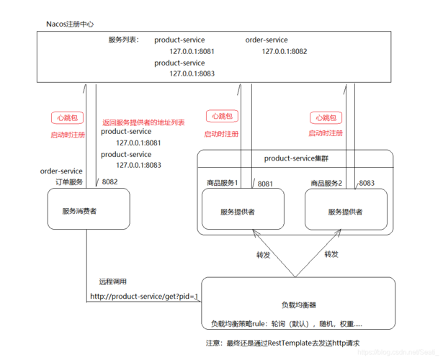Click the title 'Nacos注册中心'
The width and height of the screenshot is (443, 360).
click(x=71, y=24)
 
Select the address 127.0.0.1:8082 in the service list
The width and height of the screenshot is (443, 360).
click(x=284, y=51)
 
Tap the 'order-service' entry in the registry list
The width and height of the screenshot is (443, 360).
click(x=266, y=40)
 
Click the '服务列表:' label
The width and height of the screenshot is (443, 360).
click(x=123, y=40)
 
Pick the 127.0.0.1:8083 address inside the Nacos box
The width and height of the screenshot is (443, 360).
click(x=192, y=73)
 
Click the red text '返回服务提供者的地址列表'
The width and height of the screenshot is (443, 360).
click(x=143, y=122)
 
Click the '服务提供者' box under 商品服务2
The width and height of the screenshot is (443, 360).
click(x=345, y=211)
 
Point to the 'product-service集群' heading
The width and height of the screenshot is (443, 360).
click(x=295, y=158)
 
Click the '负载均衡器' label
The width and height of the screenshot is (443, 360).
click(x=298, y=305)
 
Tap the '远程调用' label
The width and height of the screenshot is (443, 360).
click(x=113, y=282)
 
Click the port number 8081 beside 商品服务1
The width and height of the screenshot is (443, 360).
click(x=265, y=184)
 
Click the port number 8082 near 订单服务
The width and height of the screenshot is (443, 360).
click(x=109, y=182)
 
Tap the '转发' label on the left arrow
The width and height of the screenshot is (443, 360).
click(x=264, y=254)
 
